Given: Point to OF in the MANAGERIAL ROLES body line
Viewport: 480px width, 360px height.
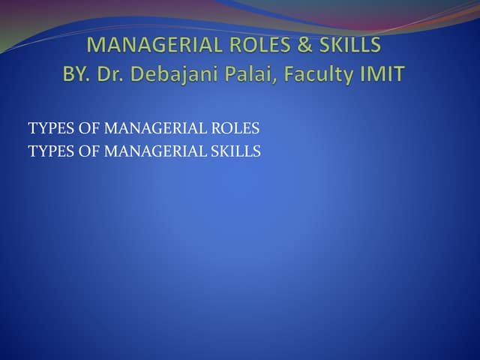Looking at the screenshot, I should [x=89, y=129].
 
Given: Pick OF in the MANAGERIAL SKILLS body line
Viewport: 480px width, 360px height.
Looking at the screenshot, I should [x=89, y=151].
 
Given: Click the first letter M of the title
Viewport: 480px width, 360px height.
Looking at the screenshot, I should [x=96, y=45].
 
